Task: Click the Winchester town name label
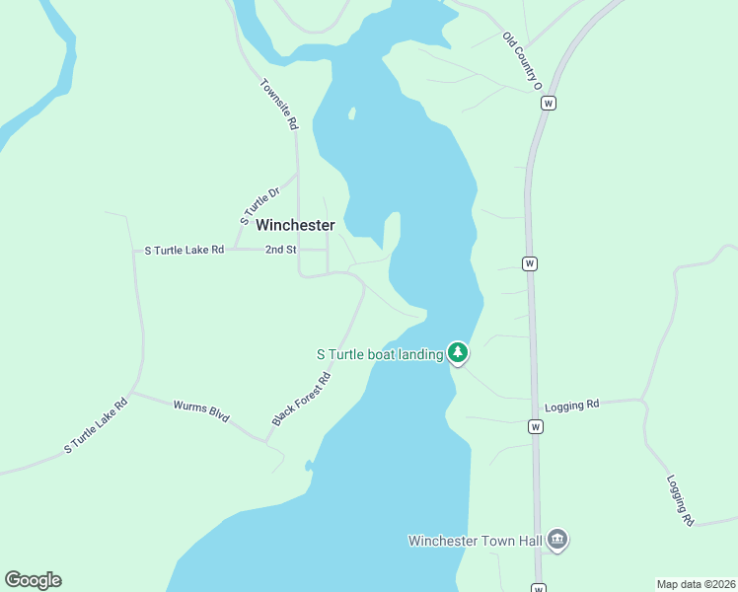pyautogui.click(x=295, y=225)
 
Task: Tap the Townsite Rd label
pyautogui.click(x=278, y=105)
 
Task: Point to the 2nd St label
pyautogui.click(x=280, y=251)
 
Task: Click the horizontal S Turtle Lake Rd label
pyautogui.click(x=184, y=251)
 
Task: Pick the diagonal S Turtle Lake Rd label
pyautogui.click(x=97, y=425)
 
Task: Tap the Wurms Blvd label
pyautogui.click(x=201, y=411)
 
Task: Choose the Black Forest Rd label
pyautogui.click(x=301, y=400)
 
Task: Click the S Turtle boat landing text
pyautogui.click(x=379, y=354)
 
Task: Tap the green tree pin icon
pyautogui.click(x=457, y=351)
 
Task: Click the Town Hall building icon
pyautogui.click(x=557, y=539)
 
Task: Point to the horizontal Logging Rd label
pyautogui.click(x=572, y=405)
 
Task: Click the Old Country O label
pyautogui.click(x=523, y=61)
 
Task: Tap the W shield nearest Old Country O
pyautogui.click(x=550, y=103)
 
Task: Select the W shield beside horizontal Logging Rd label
pyautogui.click(x=535, y=426)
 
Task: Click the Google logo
pyautogui.click(x=33, y=580)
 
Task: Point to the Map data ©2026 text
pyautogui.click(x=696, y=583)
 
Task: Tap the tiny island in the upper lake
pyautogui.click(x=351, y=113)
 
